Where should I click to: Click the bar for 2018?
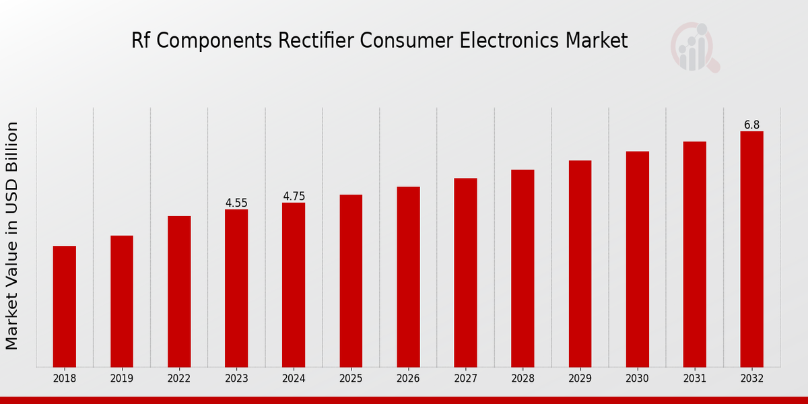65,306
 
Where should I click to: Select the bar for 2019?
122,301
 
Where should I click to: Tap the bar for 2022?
179,292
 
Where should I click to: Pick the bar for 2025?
351,281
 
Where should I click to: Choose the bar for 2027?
465,273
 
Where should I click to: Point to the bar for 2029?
580,264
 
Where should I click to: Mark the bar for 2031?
694,255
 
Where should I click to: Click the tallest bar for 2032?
751,249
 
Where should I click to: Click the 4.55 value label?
236,203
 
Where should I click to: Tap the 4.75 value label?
294,196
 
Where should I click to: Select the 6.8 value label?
751,125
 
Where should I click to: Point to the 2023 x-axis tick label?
236,379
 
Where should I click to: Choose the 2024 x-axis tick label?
294,379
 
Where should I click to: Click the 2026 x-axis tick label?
408,379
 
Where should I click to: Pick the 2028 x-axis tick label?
523,379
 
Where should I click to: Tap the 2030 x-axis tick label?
637,379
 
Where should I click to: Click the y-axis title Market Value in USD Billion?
12,236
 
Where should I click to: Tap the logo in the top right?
694,47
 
